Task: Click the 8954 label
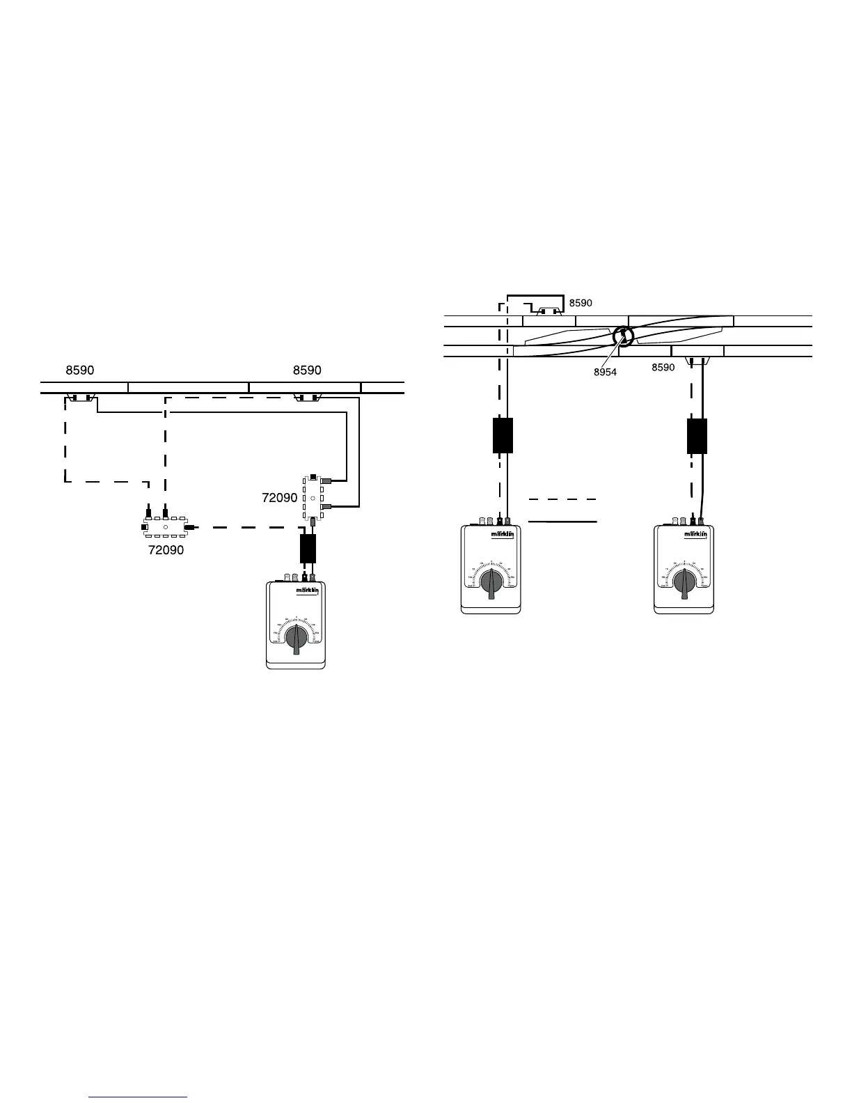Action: point(605,373)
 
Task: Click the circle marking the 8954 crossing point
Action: point(623,337)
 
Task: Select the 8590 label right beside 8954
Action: point(663,368)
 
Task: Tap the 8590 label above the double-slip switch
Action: point(581,304)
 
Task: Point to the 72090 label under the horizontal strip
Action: point(166,550)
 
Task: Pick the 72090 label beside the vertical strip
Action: point(279,499)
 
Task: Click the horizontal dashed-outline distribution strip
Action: point(166,528)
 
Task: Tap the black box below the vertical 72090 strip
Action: point(308,549)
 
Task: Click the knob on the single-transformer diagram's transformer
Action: point(297,638)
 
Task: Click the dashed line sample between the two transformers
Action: point(562,499)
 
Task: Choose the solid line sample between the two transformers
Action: point(562,521)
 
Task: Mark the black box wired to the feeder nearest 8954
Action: point(697,437)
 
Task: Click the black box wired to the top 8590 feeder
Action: point(503,436)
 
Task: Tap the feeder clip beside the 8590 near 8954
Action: point(696,361)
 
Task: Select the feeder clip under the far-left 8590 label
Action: point(81,399)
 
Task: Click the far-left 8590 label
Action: point(80,370)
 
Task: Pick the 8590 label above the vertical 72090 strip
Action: point(307,370)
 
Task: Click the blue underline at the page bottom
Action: point(139,1097)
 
